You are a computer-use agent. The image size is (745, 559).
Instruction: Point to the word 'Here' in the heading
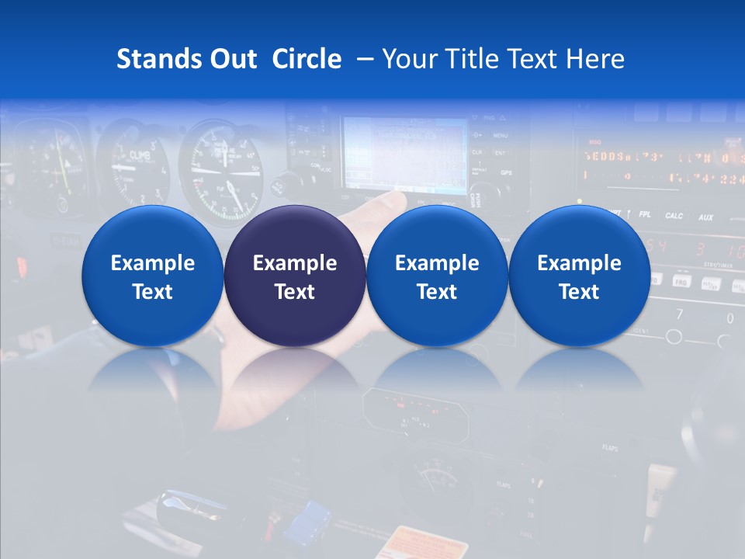click(595, 59)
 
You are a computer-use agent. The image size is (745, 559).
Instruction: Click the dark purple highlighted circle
click(295, 276)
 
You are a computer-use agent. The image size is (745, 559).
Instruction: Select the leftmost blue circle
click(152, 276)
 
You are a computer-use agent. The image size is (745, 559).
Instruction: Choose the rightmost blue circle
click(579, 276)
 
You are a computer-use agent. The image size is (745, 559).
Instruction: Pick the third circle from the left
click(437, 276)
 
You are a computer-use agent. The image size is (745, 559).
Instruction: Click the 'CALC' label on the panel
click(674, 215)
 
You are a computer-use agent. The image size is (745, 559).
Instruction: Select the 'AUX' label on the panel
click(705, 217)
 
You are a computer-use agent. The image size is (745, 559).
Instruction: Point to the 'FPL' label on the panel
click(644, 214)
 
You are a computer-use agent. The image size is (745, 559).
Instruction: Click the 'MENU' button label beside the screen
click(500, 135)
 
